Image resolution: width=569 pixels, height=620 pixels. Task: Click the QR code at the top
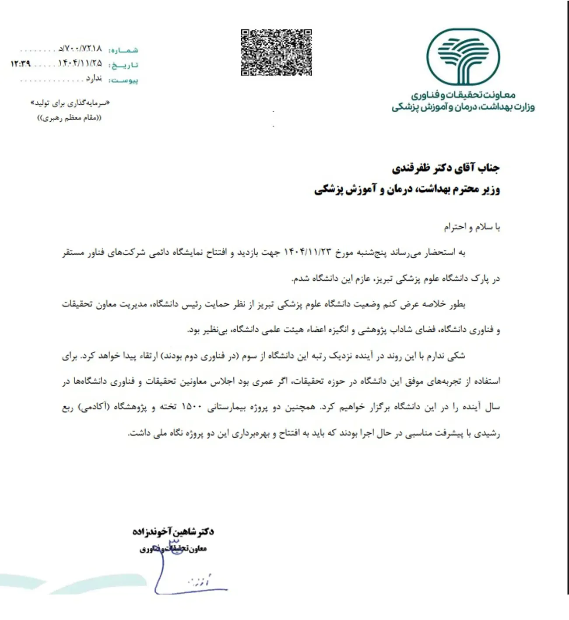[x=276, y=53]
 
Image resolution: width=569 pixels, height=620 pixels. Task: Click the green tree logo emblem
[x=463, y=56]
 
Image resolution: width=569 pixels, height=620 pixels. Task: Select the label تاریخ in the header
[x=124, y=65]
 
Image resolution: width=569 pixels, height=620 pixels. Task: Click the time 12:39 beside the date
[x=21, y=64]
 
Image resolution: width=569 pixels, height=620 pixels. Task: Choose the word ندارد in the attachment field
[x=94, y=78]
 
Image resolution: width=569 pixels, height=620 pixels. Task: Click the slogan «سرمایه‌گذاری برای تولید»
[x=70, y=103]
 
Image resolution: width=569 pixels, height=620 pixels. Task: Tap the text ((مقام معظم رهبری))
[x=70, y=118]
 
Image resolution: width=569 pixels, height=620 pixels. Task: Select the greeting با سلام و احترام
[x=472, y=227]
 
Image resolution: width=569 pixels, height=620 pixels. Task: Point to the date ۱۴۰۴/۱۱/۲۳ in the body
[x=308, y=252]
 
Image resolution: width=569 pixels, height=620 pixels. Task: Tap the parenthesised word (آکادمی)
[x=94, y=407]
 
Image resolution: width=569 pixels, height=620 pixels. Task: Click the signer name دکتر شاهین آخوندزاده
[x=173, y=532]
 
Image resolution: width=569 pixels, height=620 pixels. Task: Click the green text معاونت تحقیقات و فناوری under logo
[x=463, y=95]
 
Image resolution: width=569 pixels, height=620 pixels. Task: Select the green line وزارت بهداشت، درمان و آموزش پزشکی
[x=463, y=107]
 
